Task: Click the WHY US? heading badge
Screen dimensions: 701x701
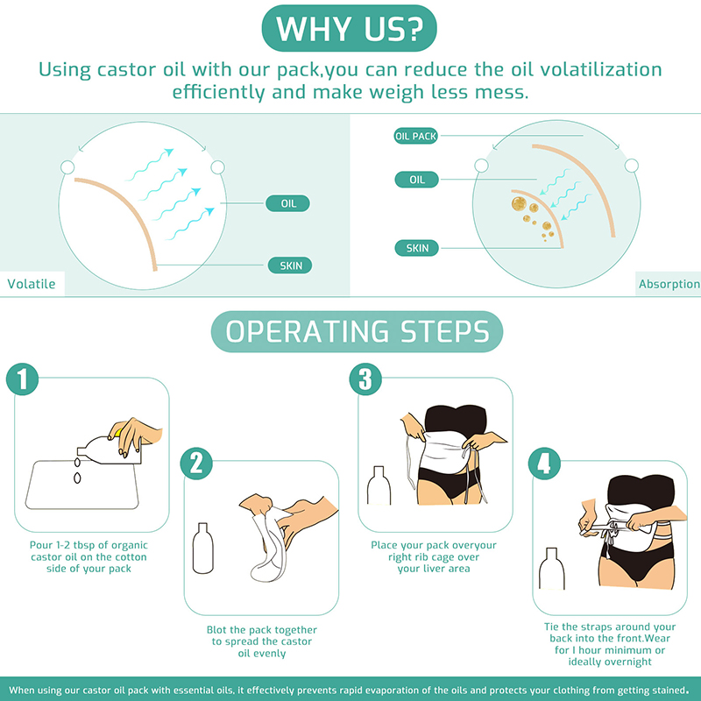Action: (x=349, y=29)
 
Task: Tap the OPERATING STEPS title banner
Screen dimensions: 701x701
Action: (x=357, y=331)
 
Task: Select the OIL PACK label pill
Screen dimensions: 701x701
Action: (x=415, y=136)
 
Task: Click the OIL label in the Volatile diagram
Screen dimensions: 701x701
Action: (x=288, y=203)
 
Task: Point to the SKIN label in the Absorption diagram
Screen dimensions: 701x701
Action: (x=417, y=248)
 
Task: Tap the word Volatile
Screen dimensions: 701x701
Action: (x=32, y=284)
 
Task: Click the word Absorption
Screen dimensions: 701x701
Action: (x=669, y=284)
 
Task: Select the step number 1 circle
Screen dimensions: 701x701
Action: (x=23, y=379)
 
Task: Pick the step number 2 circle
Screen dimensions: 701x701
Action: (x=196, y=464)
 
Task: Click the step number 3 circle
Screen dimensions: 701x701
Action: (x=365, y=379)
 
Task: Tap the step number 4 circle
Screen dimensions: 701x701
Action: (x=544, y=464)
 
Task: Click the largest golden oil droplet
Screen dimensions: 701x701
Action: (x=519, y=204)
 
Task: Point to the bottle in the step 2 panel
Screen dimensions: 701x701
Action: (x=203, y=549)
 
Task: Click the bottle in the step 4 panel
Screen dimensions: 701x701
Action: (x=552, y=569)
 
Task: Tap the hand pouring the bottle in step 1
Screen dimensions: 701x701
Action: (x=137, y=434)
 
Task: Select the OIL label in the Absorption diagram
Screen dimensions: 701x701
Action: (x=417, y=180)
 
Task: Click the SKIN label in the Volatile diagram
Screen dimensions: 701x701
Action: (x=290, y=266)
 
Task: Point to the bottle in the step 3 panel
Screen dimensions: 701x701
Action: (x=379, y=485)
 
